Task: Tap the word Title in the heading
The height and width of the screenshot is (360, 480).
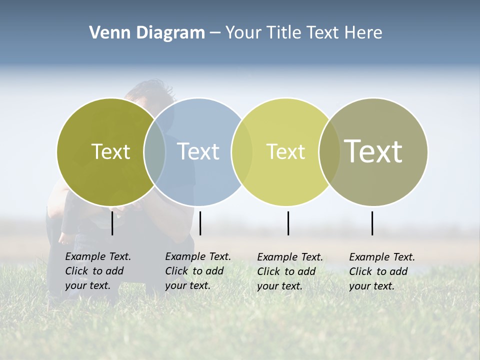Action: tap(283, 32)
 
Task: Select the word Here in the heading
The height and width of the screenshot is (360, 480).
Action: tap(363, 32)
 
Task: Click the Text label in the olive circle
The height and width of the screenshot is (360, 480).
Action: tap(110, 151)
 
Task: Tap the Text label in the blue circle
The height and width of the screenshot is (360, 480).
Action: tap(198, 151)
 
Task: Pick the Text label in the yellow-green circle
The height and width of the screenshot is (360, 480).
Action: tap(285, 151)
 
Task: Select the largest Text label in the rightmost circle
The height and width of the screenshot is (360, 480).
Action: tap(373, 151)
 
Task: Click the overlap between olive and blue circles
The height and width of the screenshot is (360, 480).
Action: tap(154, 151)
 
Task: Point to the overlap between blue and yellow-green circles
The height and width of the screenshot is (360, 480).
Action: tap(242, 151)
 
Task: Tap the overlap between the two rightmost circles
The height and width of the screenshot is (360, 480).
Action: tap(329, 151)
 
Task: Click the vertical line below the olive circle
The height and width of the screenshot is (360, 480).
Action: tap(112, 223)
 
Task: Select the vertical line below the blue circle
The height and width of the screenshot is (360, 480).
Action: tap(200, 223)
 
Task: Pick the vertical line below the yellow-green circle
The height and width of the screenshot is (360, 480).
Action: tap(288, 223)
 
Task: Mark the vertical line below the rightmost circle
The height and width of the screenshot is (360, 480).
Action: tap(372, 223)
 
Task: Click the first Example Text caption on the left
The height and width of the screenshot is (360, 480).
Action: tap(98, 271)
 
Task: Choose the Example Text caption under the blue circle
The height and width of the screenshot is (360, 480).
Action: tap(198, 271)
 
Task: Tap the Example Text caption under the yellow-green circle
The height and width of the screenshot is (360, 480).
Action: tap(290, 271)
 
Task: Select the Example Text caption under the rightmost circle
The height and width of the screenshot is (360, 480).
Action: tap(382, 271)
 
